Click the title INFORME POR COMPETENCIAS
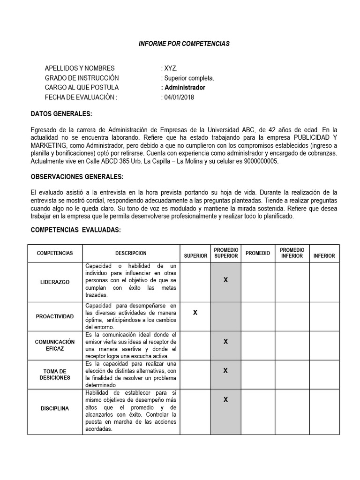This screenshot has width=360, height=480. click(x=184, y=44)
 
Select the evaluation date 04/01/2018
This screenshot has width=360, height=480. click(x=179, y=97)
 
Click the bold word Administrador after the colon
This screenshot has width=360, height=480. click(x=184, y=88)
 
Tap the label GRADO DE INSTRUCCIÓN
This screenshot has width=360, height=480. click(x=82, y=78)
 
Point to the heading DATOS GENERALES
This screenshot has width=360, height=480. click(x=61, y=114)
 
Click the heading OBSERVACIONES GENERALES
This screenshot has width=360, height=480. click(x=77, y=177)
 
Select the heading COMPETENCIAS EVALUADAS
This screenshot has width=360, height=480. click(x=75, y=230)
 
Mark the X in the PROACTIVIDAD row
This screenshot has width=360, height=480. click(x=195, y=313)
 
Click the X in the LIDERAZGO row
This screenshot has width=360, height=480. click(x=225, y=280)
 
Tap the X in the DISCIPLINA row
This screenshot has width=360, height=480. click(x=225, y=399)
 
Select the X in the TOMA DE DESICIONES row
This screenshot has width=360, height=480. click(x=225, y=370)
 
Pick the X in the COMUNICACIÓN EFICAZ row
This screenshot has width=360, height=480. click(x=225, y=341)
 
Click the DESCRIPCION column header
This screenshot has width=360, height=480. click(x=131, y=253)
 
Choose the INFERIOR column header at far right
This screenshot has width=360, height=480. click(x=324, y=256)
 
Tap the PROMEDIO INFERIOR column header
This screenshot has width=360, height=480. click(x=292, y=253)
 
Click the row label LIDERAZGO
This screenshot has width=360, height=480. click(x=55, y=282)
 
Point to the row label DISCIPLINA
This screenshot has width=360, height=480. click(x=55, y=409)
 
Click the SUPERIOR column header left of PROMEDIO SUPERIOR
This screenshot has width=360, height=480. click(x=195, y=256)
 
